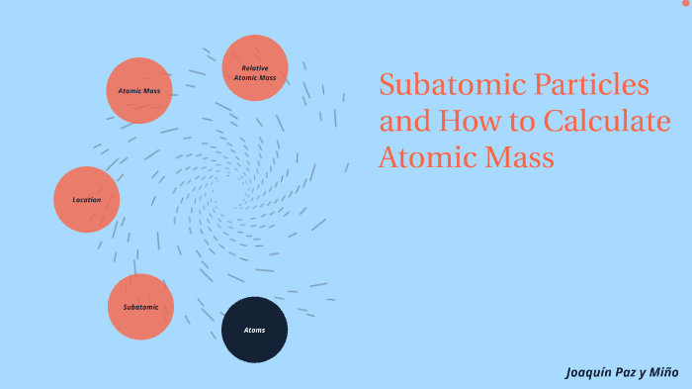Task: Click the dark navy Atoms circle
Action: tap(254, 330)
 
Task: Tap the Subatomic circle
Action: tap(140, 307)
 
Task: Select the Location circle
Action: tap(87, 199)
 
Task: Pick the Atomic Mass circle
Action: tap(139, 91)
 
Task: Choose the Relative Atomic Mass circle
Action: tap(255, 68)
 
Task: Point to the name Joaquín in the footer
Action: tap(590, 373)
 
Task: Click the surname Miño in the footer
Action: tap(663, 373)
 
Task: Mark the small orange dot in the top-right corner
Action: tap(685, 3)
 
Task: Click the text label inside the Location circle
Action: tap(87, 200)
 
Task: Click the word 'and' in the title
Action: tap(399, 122)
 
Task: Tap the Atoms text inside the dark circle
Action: tap(254, 330)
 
